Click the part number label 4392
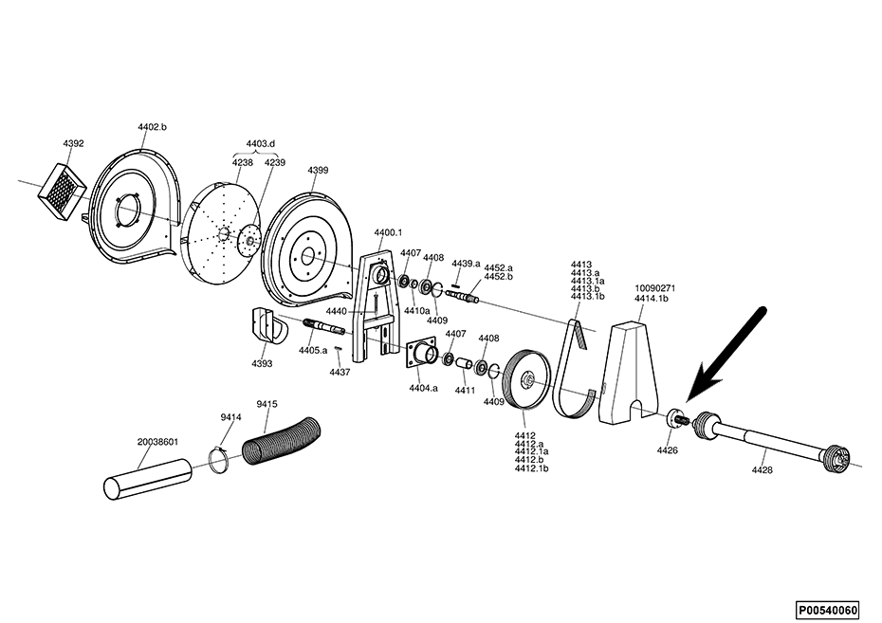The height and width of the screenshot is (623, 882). click(x=73, y=143)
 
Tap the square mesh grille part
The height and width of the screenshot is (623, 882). click(x=62, y=192)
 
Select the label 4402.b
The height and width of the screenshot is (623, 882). click(x=153, y=127)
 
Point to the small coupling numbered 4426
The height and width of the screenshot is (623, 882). click(x=674, y=420)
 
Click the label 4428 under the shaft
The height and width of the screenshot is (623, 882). click(x=762, y=470)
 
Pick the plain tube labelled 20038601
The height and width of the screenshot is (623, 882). click(x=148, y=479)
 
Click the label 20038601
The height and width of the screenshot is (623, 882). click(x=157, y=442)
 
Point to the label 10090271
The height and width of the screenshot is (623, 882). click(x=655, y=288)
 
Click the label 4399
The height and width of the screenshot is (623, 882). click(x=318, y=171)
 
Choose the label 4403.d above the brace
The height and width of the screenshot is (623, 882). click(x=261, y=144)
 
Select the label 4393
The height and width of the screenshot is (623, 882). click(x=262, y=364)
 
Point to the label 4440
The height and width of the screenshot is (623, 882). click(x=337, y=311)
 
